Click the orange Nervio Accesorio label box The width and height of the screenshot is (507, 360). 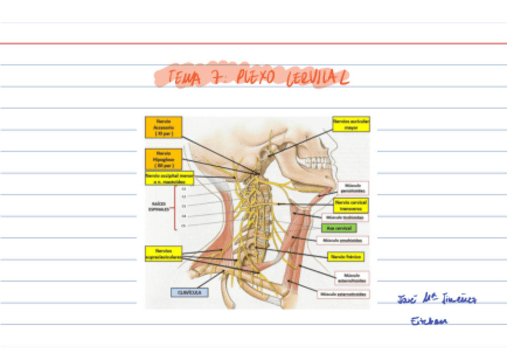click(163, 127)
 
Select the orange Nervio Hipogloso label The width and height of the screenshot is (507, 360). click(163, 159)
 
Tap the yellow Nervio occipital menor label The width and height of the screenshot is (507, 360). click(169, 178)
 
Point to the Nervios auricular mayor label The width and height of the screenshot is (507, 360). click(352, 124)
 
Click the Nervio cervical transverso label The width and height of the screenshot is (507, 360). click(351, 206)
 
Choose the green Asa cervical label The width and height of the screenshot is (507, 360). click(338, 228)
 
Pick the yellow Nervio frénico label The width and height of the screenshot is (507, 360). click(346, 257)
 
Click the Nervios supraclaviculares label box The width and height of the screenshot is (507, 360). click(163, 254)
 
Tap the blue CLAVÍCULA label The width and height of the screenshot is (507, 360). click(189, 292)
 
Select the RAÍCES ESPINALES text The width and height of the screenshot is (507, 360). click(159, 207)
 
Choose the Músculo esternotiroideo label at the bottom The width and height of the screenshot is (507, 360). click(344, 294)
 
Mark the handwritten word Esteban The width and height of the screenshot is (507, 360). click(428, 321)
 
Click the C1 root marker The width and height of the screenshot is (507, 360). click(184, 189)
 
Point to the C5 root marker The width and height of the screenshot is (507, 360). click(184, 225)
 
